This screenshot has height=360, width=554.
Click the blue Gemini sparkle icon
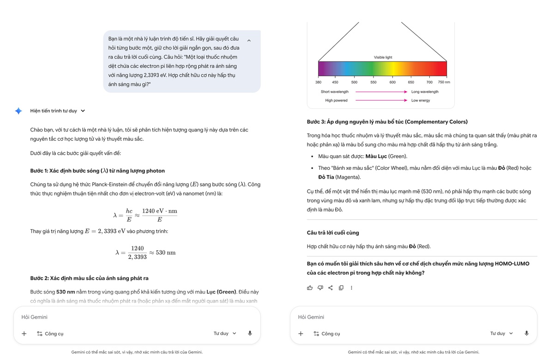(x=18, y=111)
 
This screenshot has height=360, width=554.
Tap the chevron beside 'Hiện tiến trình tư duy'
(x=83, y=111)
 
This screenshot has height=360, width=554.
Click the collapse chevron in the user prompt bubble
(x=249, y=41)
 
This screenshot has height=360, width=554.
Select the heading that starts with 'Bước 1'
(x=97, y=171)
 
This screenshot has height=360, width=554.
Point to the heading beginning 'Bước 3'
(x=387, y=122)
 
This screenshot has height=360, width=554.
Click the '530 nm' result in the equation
(x=165, y=252)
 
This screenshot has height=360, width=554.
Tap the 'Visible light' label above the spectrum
(x=383, y=57)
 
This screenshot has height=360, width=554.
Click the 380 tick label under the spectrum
(x=318, y=82)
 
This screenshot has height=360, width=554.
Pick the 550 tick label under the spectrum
(x=373, y=82)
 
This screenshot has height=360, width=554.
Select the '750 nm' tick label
(x=444, y=82)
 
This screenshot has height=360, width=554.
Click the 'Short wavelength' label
(x=335, y=92)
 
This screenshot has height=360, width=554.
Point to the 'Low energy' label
(x=421, y=100)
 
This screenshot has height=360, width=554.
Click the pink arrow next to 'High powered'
(x=381, y=100)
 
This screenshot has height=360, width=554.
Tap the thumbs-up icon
(x=310, y=288)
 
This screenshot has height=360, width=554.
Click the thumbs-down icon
(x=320, y=288)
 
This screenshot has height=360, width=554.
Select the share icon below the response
(x=331, y=288)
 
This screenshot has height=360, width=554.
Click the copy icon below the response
(x=341, y=288)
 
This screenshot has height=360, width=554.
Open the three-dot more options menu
(x=351, y=288)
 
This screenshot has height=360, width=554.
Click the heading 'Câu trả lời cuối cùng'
(x=332, y=233)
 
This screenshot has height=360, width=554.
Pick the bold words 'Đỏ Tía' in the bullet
(x=326, y=177)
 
